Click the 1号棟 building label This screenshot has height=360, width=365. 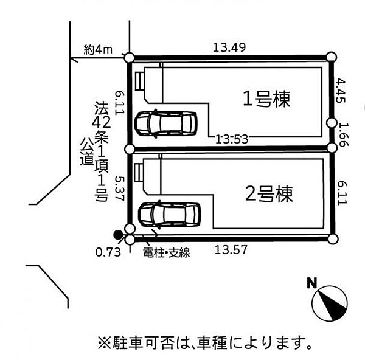266,98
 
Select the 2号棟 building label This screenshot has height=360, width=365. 269,195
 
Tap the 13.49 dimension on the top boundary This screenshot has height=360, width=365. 229,47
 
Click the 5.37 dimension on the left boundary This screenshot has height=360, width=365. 120,189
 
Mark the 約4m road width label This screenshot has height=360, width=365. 97,50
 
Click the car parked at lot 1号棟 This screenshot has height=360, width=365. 166,123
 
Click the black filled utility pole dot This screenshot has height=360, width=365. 117,234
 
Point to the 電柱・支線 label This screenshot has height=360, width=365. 166,252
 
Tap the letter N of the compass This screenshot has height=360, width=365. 312,282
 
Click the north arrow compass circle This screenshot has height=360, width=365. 329,302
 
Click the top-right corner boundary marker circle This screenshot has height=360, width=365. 331,57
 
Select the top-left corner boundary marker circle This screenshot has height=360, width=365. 129,57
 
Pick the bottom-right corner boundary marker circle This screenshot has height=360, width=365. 331,239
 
